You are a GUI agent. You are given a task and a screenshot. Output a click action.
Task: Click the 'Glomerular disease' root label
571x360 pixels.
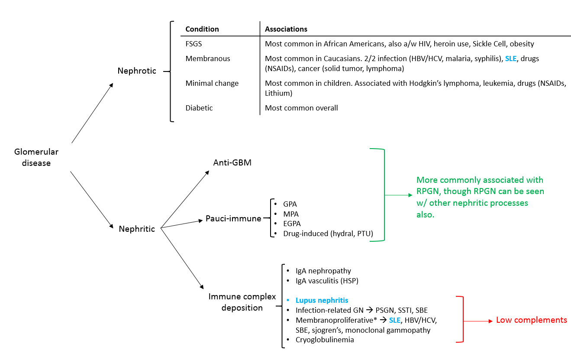click(36, 158)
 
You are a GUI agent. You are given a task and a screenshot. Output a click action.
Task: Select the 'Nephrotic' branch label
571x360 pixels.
click(137, 71)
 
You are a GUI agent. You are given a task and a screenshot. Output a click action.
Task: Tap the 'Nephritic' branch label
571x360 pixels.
click(137, 229)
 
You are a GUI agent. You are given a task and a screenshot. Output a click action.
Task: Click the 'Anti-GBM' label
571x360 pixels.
click(232, 163)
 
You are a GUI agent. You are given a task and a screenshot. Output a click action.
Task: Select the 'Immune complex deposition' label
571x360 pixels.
click(242, 302)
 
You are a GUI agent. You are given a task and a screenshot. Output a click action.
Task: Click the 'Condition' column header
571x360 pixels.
click(202, 29)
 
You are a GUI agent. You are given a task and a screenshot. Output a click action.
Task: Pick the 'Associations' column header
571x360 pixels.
click(286, 29)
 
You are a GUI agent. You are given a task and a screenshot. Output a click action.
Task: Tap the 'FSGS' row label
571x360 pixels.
click(194, 44)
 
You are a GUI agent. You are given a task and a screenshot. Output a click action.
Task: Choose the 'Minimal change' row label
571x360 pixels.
click(212, 83)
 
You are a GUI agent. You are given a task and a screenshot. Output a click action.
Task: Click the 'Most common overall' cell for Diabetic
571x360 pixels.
click(301, 108)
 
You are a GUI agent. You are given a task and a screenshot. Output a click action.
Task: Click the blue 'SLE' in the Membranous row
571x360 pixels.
click(511, 58)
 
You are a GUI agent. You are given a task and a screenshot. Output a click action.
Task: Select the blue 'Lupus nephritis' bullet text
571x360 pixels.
click(322, 300)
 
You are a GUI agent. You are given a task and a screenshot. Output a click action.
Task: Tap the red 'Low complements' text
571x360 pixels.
click(531, 321)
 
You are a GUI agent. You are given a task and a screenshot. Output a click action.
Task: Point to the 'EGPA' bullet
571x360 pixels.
click(292, 224)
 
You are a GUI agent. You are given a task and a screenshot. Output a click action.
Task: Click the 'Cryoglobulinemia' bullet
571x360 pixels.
click(325, 340)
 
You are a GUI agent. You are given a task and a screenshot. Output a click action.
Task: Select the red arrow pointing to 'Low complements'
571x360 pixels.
click(478, 321)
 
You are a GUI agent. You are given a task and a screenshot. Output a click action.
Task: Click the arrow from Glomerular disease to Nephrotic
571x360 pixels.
click(92, 113)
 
